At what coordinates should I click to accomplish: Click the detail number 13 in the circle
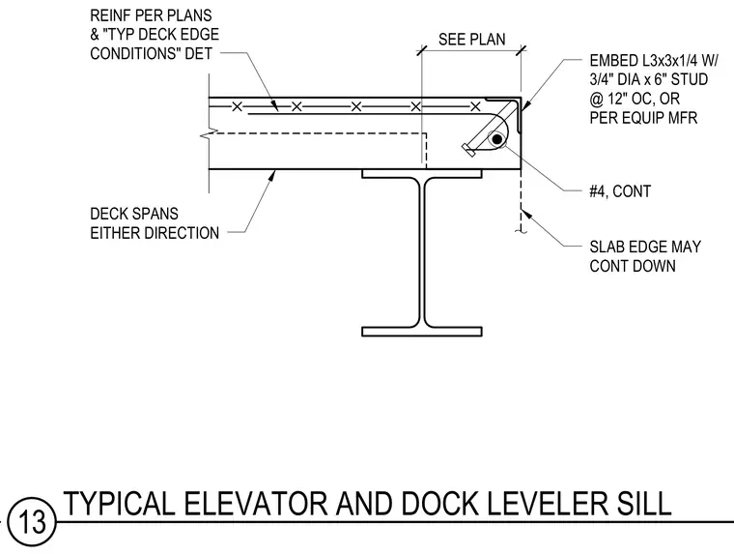point(32,521)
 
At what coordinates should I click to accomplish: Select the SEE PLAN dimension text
point(472,40)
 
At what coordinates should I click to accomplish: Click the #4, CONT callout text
point(620,191)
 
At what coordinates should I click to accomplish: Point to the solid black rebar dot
point(497,139)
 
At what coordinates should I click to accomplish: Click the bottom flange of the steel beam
point(422,332)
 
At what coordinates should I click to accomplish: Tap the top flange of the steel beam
point(422,174)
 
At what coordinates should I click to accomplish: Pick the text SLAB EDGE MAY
point(645,247)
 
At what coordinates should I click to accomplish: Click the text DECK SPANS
point(134,214)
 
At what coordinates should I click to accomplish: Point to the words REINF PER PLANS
point(151,15)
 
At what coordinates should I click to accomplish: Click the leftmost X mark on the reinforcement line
point(237,107)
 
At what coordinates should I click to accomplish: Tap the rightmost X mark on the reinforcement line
point(475,107)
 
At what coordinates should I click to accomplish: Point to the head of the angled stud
point(468,150)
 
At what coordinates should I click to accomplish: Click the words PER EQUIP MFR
point(643,118)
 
